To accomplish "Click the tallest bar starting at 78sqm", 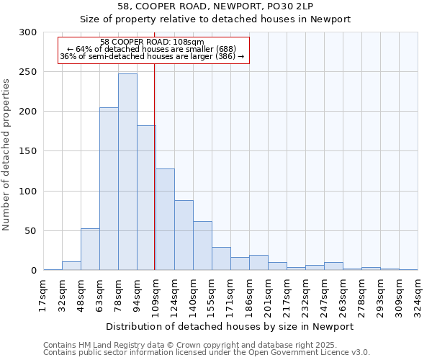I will tap(127, 172).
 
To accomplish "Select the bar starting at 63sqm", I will tap(109, 189).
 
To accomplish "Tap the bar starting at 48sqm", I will tap(90, 249).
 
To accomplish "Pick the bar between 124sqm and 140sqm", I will tap(184, 235).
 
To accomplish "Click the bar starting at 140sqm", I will tap(202, 246).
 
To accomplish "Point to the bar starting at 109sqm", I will tap(165, 220).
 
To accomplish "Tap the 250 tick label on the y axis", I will tap(28, 72).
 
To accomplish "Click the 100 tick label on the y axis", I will tap(28, 192).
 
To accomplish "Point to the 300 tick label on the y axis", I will tap(28, 32).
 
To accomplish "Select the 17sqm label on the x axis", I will tap(43, 294).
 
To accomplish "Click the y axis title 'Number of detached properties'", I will tap(7, 155).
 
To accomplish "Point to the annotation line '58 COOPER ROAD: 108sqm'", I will tap(152, 42).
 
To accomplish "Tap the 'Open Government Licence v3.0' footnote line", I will tap(206, 352).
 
